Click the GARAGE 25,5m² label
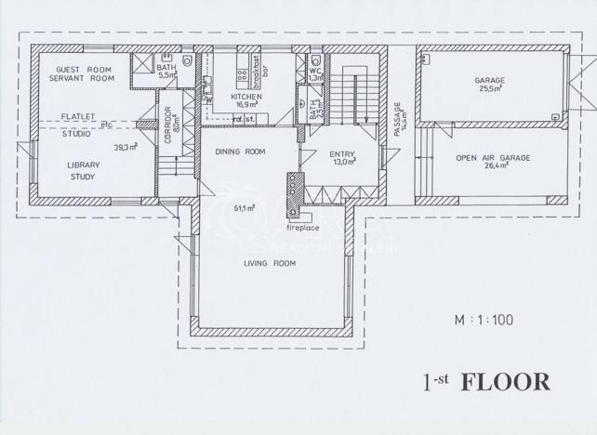[489, 86]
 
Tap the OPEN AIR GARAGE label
[493, 164]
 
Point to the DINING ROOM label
[240, 152]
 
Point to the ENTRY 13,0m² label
[342, 157]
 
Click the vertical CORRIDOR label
[168, 122]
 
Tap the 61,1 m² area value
[245, 208]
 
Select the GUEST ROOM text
[84, 70]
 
